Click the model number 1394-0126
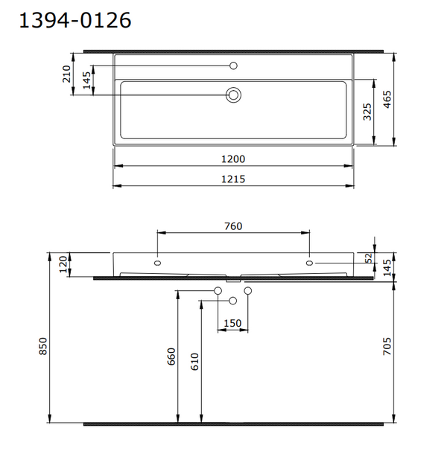74,22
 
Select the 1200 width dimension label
234,159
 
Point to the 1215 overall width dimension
234,179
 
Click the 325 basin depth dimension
367,111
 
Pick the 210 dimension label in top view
67,74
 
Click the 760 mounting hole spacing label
233,226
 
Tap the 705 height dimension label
388,347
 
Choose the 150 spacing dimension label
233,323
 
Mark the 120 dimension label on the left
63,263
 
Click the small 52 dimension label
368,258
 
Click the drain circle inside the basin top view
234,95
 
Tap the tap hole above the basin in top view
234,66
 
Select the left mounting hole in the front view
157,263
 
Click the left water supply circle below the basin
218,290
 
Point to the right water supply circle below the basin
248,290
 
